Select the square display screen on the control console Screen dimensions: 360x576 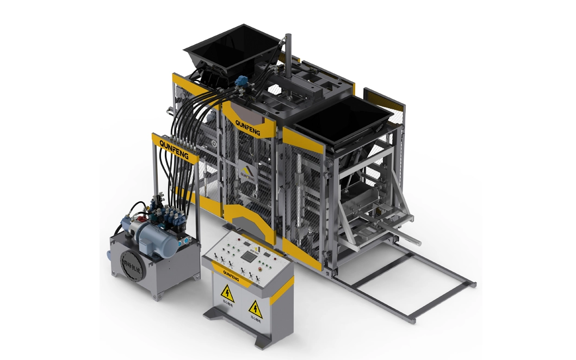tap(251, 255)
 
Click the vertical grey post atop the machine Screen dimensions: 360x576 tap(288, 52)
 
